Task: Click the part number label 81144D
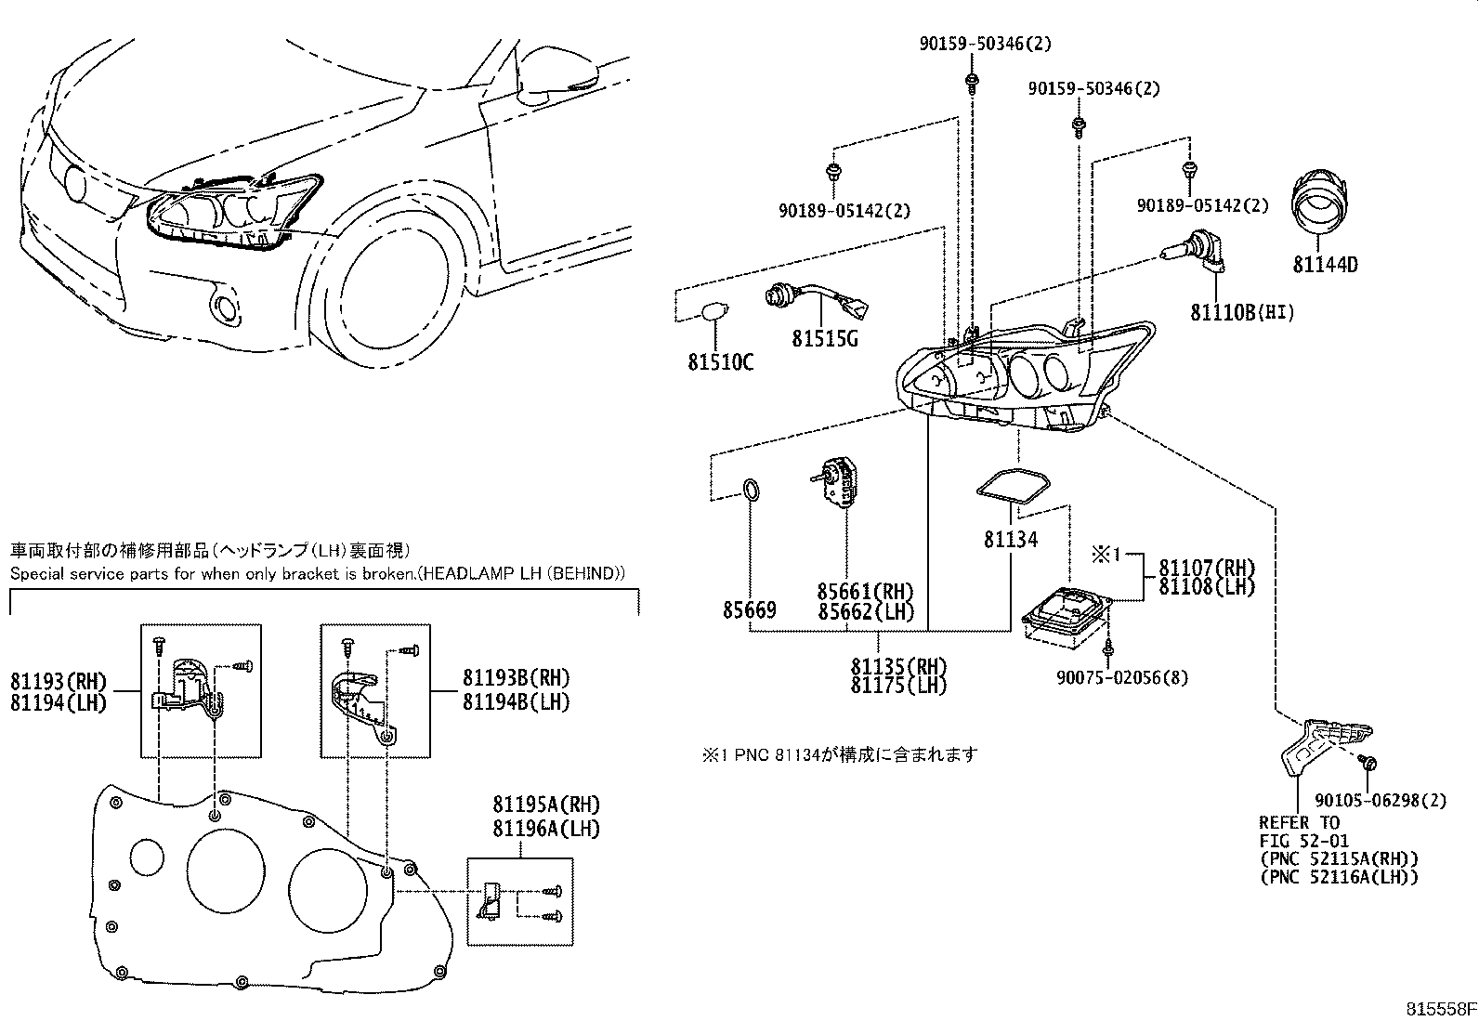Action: (x=1325, y=265)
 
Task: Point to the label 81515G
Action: (x=824, y=339)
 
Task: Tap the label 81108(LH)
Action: (x=1206, y=587)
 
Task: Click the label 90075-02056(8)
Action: (x=1121, y=677)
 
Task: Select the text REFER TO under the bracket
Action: (x=1300, y=822)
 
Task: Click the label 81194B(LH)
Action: (x=516, y=701)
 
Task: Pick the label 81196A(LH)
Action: (x=546, y=828)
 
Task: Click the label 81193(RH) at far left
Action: (x=59, y=681)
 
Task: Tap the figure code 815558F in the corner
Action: (x=1439, y=1009)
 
